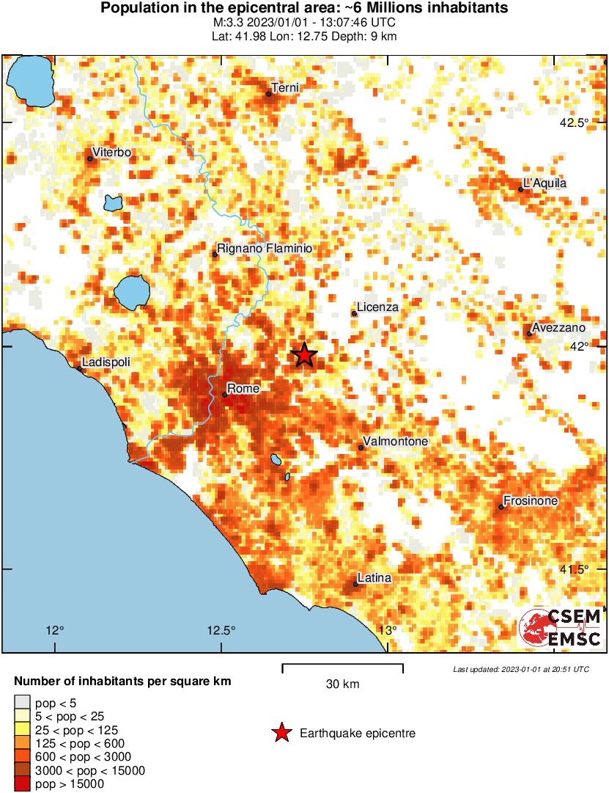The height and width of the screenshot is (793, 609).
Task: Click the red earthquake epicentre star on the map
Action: click(x=304, y=355)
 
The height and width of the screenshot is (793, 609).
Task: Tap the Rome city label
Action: click(x=240, y=388)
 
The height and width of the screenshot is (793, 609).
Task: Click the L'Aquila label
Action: click(x=545, y=183)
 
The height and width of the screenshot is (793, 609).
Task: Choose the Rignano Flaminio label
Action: click(x=265, y=249)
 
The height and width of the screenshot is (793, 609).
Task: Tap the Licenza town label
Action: click(x=377, y=307)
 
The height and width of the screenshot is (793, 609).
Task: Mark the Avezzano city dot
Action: click(x=529, y=334)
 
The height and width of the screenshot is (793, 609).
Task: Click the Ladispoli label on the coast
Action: click(x=106, y=362)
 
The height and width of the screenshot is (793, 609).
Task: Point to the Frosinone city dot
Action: click(x=501, y=507)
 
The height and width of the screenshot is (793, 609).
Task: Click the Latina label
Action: click(x=374, y=578)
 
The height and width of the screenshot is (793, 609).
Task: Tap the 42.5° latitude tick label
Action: click(x=574, y=123)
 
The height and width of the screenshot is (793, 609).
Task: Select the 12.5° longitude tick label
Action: click(x=221, y=629)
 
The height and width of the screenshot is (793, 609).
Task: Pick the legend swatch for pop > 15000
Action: click(x=22, y=784)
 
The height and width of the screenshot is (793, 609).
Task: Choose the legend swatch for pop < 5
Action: click(x=22, y=704)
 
